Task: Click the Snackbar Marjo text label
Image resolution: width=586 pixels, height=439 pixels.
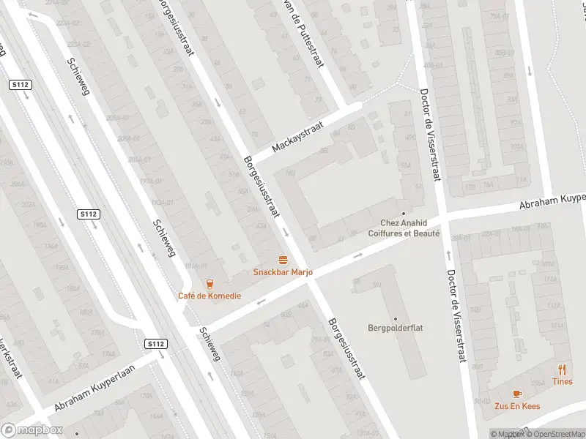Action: [x=283, y=272]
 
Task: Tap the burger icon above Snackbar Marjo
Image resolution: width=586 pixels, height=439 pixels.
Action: [x=283, y=260]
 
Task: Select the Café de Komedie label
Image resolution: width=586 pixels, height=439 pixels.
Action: [x=209, y=296]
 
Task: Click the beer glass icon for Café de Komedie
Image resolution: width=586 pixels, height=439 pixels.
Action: [x=209, y=283]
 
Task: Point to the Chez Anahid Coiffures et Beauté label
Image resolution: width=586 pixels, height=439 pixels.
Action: [x=409, y=228]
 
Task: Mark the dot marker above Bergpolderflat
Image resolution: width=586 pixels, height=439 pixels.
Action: [x=396, y=318]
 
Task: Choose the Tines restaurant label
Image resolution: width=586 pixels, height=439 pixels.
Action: [x=563, y=381]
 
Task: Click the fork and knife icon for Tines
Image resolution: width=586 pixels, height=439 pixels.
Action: [x=563, y=369]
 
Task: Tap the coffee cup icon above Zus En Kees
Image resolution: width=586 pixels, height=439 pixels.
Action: [x=517, y=392]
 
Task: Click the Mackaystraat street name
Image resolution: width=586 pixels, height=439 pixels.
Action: [x=297, y=137]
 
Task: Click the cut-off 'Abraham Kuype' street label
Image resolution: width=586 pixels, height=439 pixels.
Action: [x=553, y=202]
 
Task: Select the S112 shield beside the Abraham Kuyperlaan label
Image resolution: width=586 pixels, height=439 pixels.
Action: [x=155, y=343]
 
